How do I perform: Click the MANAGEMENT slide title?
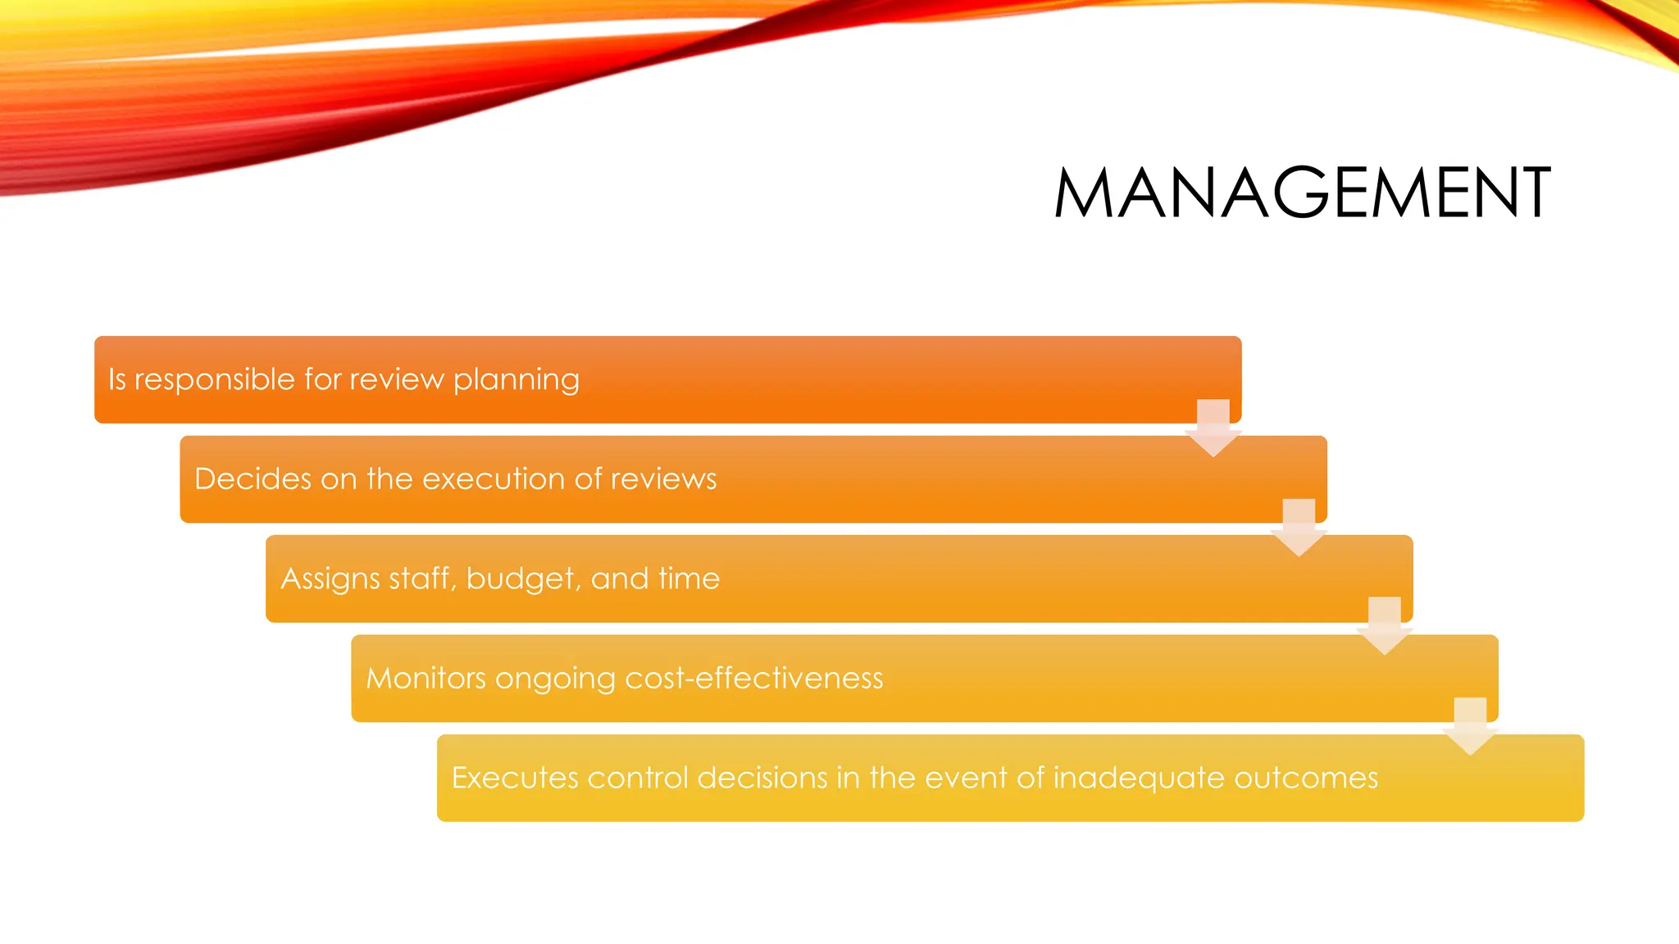click(x=1302, y=193)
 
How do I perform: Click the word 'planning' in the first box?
click(x=516, y=380)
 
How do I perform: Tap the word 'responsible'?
click(x=214, y=380)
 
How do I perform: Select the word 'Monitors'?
click(x=425, y=678)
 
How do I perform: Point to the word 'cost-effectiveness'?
click(x=753, y=678)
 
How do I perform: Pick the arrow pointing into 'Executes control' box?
click(x=1470, y=726)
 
